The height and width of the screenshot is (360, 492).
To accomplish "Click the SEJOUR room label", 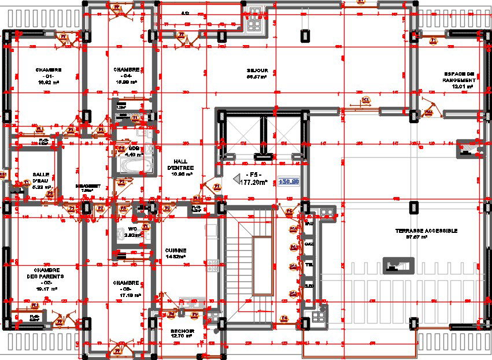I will tap(256, 69).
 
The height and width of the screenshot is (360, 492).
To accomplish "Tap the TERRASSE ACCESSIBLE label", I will tap(426, 231).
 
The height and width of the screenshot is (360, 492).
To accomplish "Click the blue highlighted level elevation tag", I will tap(288, 181).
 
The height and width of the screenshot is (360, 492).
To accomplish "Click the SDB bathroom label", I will tap(134, 149).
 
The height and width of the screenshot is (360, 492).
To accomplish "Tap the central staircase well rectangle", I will tap(262, 266).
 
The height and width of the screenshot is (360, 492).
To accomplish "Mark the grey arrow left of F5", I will tap(236, 180).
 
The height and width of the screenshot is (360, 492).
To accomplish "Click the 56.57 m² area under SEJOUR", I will tap(256, 76).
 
